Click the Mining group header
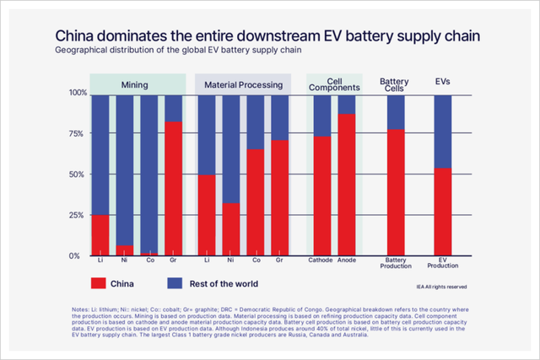pyautogui.click(x=138, y=85)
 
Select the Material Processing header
pyautogui.click(x=243, y=85)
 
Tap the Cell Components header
pyautogui.click(x=334, y=83)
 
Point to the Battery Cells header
pyautogui.click(x=395, y=83)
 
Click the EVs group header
pyautogui.click(x=442, y=83)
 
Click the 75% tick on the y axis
pyautogui.click(x=77, y=133)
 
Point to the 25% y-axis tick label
pyautogui.click(x=77, y=215)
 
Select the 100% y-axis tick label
pyautogui.click(x=76, y=93)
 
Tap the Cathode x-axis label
pyautogui.click(x=321, y=260)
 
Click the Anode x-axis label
pyautogui.click(x=346, y=260)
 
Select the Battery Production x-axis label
pyautogui.click(x=395, y=262)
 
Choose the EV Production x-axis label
pyautogui.click(x=442, y=262)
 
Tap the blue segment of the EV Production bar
pyautogui.click(x=442, y=132)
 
